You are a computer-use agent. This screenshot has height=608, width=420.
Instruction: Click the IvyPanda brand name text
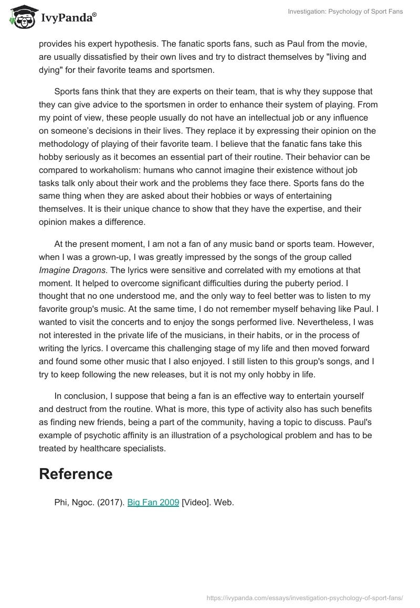[68, 18]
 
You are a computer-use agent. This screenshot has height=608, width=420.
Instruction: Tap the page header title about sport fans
[345, 12]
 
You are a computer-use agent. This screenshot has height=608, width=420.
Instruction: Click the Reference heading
[76, 474]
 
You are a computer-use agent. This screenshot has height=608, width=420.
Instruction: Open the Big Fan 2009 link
[153, 502]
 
